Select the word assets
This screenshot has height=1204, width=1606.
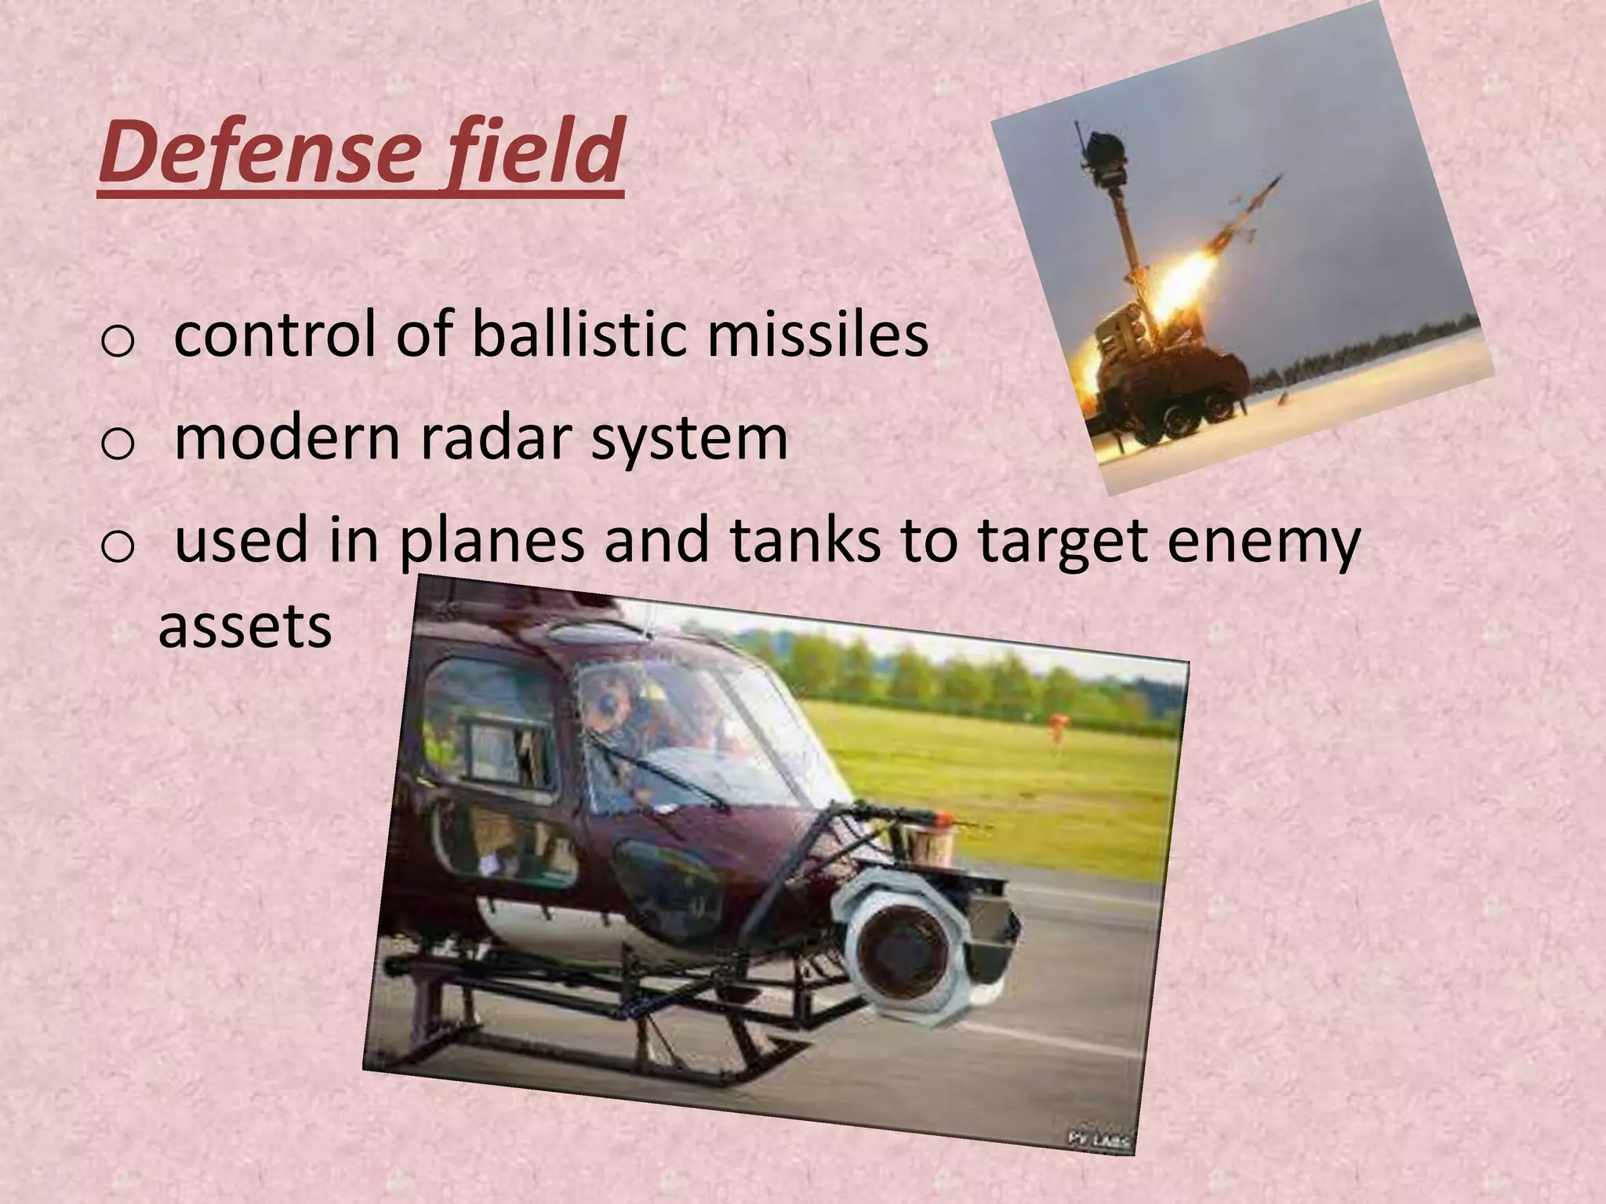click(x=245, y=627)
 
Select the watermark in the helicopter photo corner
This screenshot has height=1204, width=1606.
click(x=1098, y=1141)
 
